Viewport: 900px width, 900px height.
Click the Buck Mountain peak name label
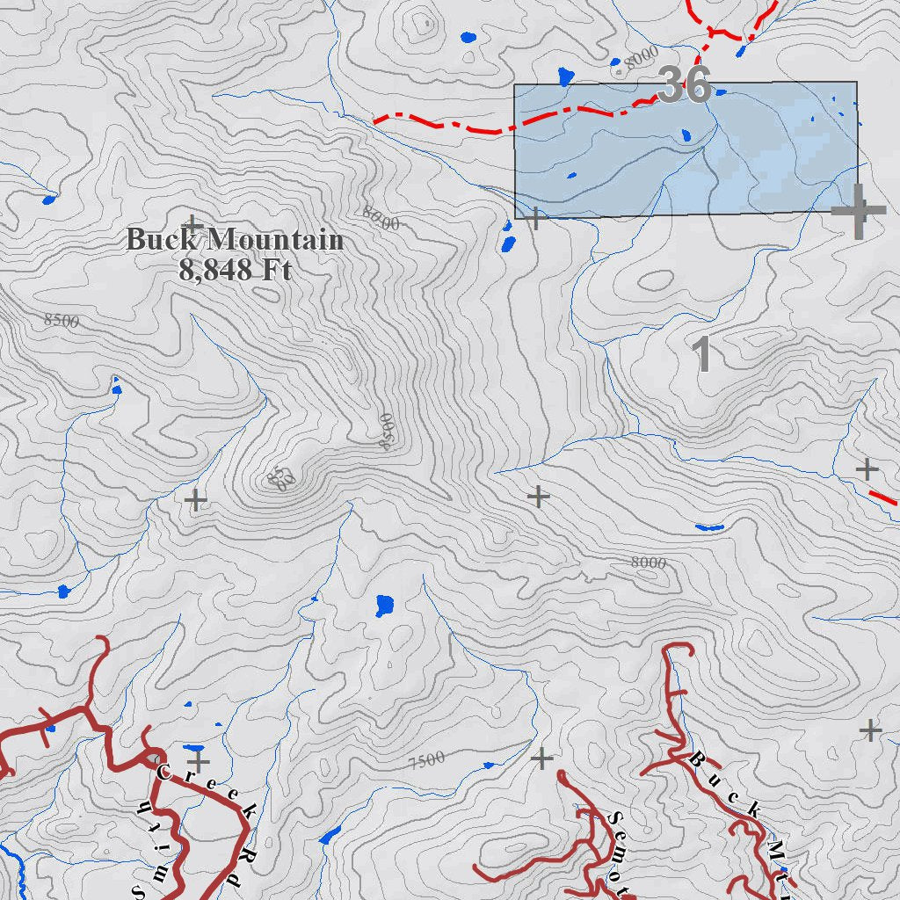pos(234,239)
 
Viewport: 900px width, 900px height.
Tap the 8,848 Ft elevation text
pos(234,269)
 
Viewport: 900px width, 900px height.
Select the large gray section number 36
pos(684,85)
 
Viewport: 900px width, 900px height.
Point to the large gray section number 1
pos(701,354)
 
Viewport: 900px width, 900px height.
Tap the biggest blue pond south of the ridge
pos(385,605)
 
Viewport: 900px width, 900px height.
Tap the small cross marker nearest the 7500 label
pos(541,758)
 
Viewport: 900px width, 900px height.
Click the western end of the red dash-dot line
pos(376,120)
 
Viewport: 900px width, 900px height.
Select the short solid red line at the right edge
pos(882,497)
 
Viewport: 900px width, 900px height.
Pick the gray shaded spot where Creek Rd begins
pos(154,757)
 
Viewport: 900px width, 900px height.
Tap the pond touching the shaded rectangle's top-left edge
pos(565,76)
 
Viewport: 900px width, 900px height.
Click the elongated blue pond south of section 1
pos(708,527)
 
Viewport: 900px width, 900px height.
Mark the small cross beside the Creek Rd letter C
pos(200,760)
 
